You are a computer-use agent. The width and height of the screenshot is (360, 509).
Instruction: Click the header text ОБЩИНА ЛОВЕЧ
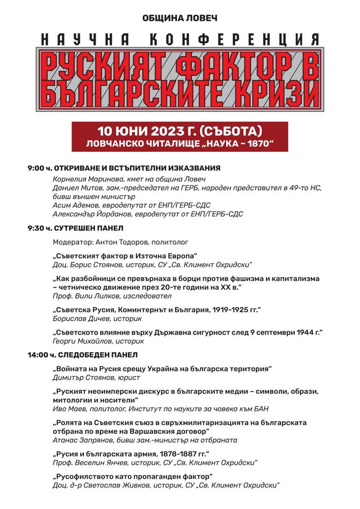(179, 19)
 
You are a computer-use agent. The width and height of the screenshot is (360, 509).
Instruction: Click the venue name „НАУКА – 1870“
(236, 144)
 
